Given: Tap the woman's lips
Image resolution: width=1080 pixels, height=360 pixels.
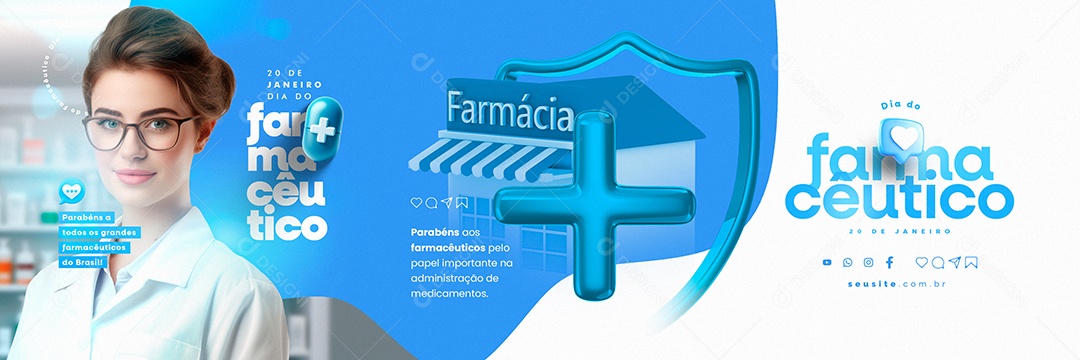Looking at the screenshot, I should pyautogui.click(x=135, y=176).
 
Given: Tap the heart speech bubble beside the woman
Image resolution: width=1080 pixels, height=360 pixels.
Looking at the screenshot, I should pyautogui.click(x=70, y=190).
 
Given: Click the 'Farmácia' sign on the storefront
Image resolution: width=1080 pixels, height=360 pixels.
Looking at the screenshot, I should pyautogui.click(x=510, y=111).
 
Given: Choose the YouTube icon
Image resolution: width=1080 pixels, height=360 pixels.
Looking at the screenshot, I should pyautogui.click(x=827, y=262).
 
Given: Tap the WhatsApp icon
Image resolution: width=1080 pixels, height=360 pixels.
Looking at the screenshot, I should pyautogui.click(x=848, y=262).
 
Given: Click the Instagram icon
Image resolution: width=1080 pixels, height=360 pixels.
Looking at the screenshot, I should pyautogui.click(x=868, y=262).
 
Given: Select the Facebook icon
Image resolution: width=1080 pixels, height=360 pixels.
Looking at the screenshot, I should pyautogui.click(x=889, y=262).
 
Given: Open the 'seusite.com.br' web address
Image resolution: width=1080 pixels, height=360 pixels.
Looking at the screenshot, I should pyautogui.click(x=898, y=284).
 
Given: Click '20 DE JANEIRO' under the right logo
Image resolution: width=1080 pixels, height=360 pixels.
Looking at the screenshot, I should pyautogui.click(x=898, y=230).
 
